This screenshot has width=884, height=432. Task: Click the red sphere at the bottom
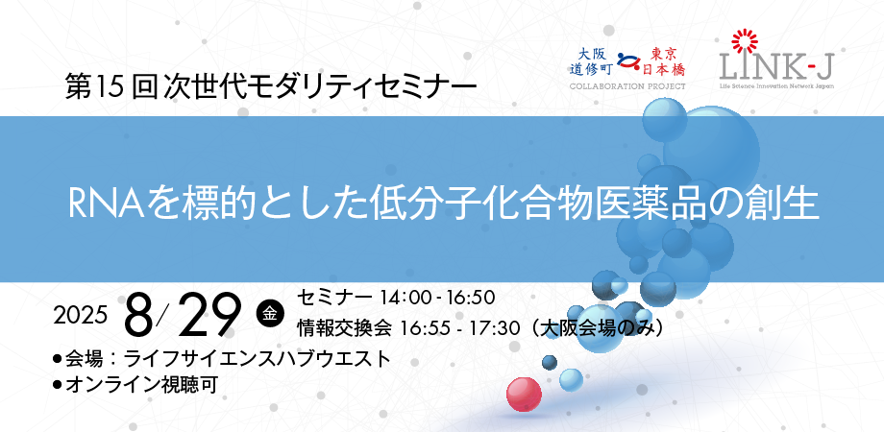[x=524, y=395]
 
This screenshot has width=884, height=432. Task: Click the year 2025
[x=80, y=316]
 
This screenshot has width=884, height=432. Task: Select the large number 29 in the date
[x=209, y=316]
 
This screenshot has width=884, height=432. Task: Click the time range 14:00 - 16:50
[x=437, y=297]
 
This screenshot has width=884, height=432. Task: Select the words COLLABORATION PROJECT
[x=627, y=86]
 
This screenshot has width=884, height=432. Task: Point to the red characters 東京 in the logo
[x=666, y=54]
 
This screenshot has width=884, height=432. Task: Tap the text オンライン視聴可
[x=141, y=385]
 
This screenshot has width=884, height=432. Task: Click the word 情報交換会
[x=344, y=328]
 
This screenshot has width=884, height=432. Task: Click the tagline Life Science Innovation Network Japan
[x=777, y=86]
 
